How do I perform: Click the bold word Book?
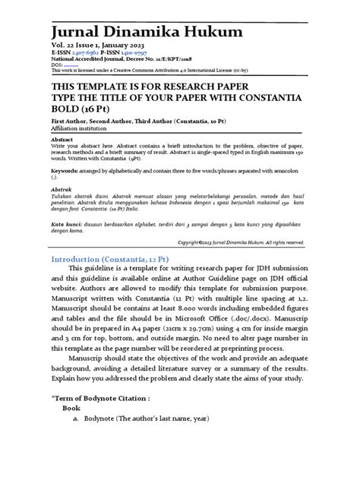(71, 408)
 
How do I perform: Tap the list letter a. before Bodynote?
(76, 418)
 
